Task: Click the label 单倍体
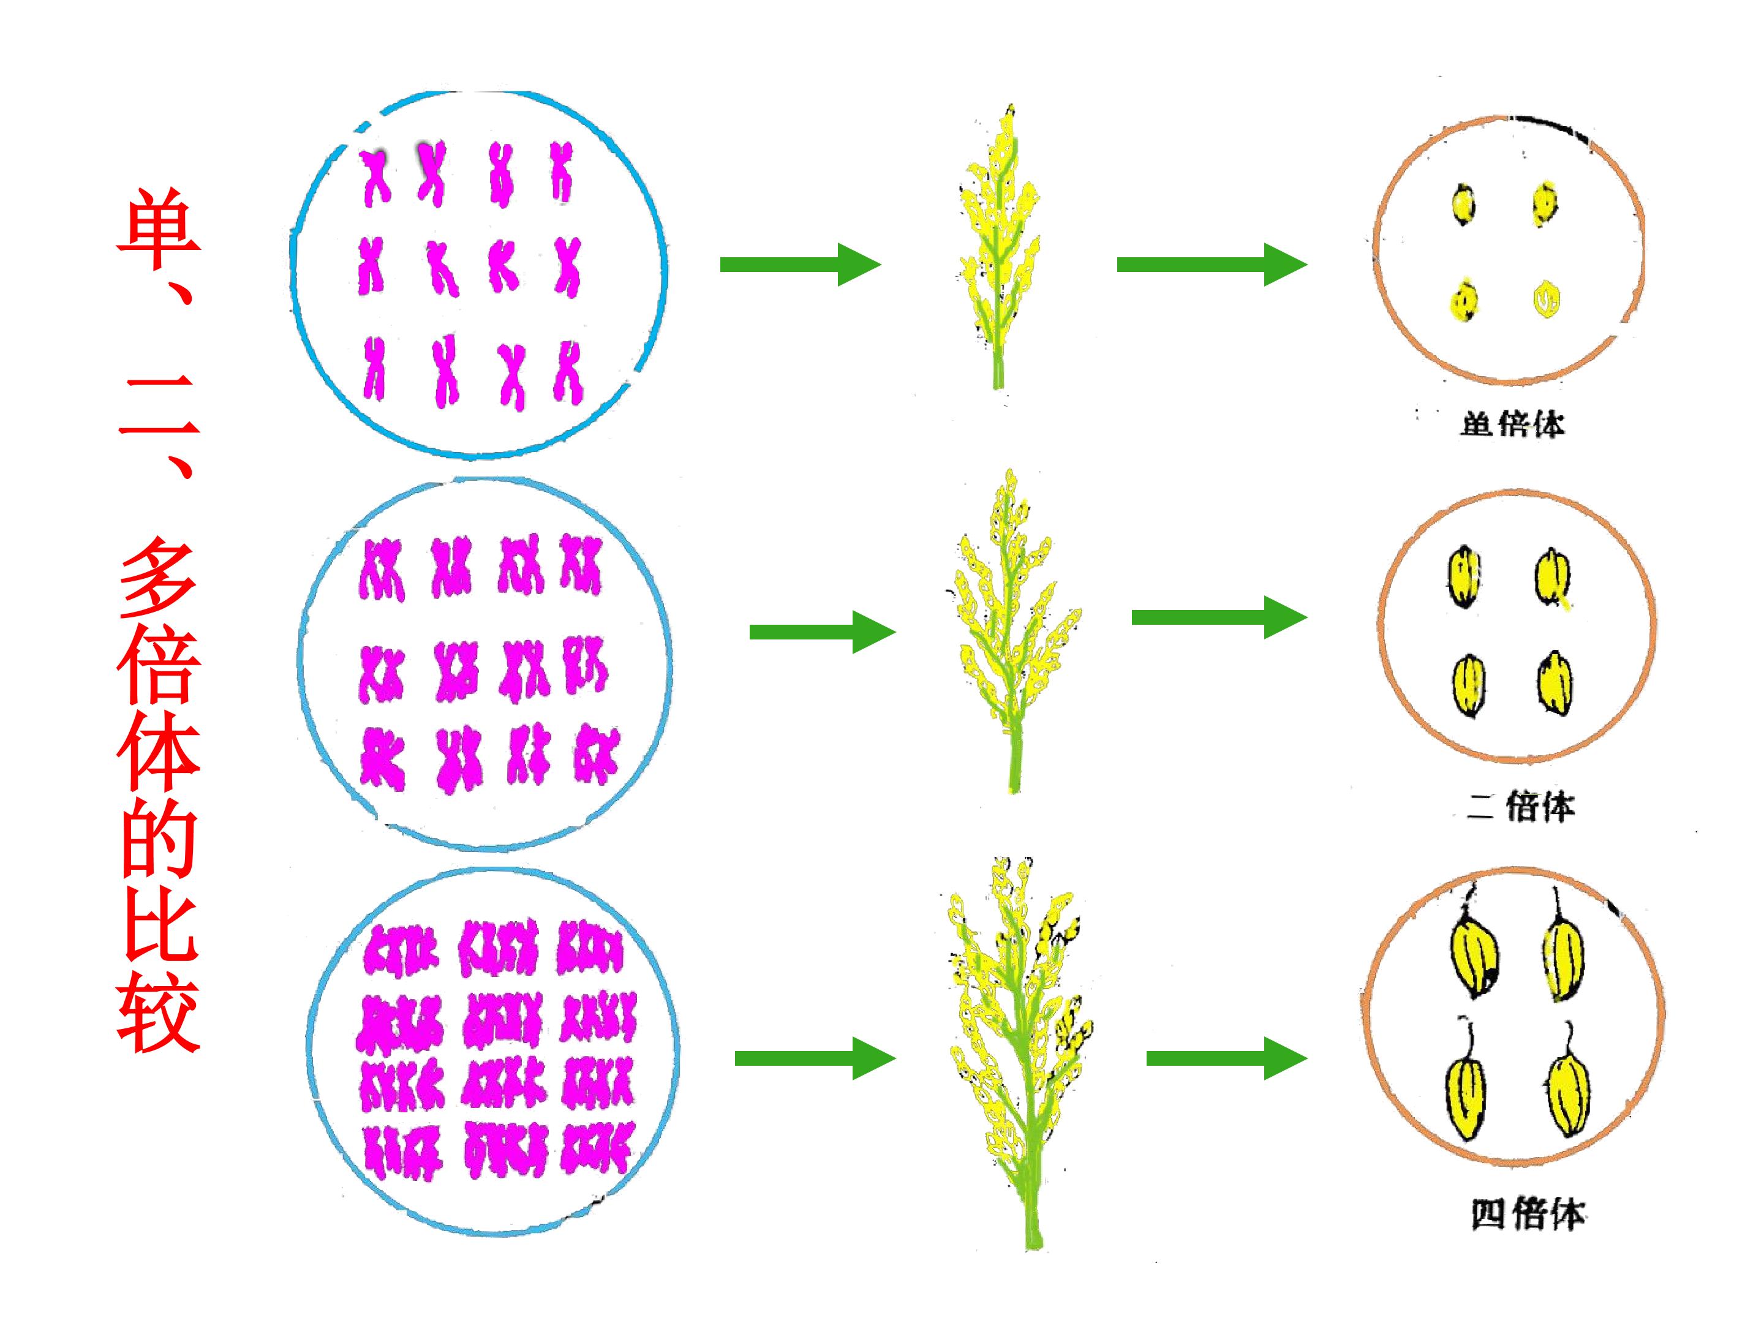(1511, 423)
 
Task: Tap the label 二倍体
(1521, 807)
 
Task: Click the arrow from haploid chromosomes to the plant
(800, 265)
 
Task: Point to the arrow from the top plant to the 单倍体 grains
(1212, 265)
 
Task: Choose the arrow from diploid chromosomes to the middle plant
(822, 631)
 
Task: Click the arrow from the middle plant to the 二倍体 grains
(1219, 616)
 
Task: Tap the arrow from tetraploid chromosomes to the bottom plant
(815, 1058)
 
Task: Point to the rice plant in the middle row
(1011, 630)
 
